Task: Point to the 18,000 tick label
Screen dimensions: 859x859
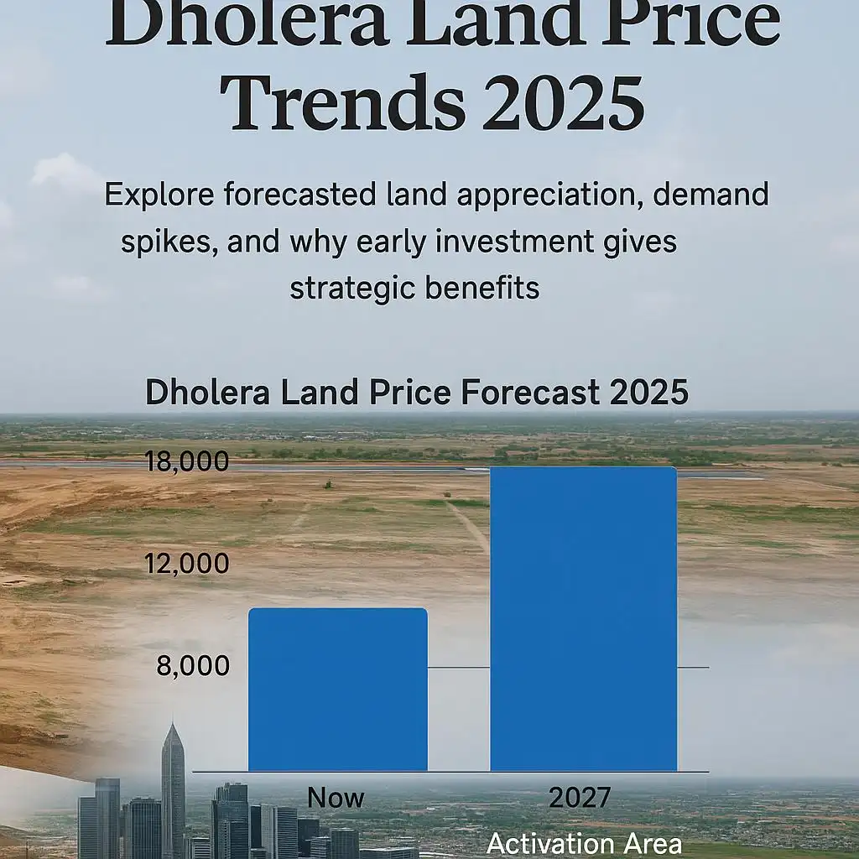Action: [x=186, y=461]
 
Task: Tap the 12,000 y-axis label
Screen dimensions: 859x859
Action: [x=186, y=564]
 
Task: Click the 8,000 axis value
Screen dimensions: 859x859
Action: [x=193, y=666]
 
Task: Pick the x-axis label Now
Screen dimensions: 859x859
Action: [x=336, y=798]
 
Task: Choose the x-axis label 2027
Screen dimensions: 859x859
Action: [x=580, y=798]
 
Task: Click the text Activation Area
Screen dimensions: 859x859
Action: [x=585, y=843]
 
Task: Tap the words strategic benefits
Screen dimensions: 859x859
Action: [x=414, y=288]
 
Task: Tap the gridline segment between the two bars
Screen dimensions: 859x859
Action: [x=459, y=668]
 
